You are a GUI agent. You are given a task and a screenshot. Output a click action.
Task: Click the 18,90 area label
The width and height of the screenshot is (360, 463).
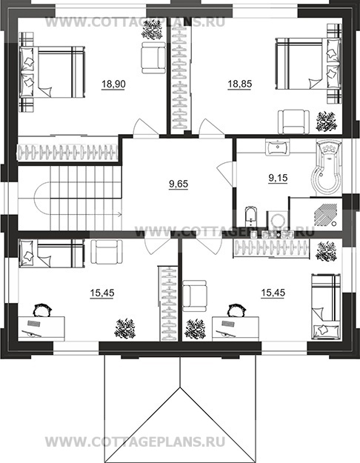113,84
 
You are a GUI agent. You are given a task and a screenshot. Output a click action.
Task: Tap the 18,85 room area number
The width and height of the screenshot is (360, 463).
239,84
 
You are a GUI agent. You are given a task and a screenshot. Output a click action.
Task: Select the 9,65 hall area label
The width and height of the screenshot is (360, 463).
179,184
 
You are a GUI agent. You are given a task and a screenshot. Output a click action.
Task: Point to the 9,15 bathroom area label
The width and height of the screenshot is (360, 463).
278,178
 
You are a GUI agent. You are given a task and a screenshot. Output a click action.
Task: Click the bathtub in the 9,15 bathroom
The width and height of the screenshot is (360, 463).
327,167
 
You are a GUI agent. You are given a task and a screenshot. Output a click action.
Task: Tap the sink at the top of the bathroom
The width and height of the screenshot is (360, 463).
277,147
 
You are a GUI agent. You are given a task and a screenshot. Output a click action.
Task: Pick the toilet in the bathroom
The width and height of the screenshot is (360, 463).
251,216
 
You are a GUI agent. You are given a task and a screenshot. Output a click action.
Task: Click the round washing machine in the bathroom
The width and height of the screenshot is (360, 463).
278,220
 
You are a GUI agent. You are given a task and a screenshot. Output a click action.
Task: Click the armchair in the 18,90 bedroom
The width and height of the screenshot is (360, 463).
153,58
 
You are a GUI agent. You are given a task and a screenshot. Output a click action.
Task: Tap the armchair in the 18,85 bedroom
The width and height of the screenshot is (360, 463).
294,122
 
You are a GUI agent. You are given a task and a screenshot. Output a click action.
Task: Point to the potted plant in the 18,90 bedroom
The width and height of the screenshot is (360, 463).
152,31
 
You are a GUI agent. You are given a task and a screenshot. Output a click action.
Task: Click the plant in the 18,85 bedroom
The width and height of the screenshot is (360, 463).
327,121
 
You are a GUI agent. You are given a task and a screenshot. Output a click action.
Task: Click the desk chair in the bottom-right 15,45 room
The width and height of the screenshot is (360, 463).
236,310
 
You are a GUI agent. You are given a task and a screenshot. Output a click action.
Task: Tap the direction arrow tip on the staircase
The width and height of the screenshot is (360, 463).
121,214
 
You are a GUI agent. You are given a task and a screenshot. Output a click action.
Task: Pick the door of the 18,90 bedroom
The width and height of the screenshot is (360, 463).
143,127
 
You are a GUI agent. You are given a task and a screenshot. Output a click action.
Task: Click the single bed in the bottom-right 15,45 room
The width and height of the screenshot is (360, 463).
327,307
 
